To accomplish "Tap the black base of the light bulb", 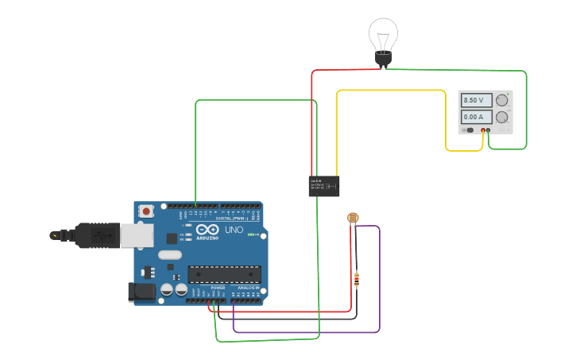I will click(383, 58).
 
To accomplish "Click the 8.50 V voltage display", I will click(475, 100).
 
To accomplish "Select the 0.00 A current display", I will click(475, 117).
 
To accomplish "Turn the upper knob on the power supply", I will click(502, 100).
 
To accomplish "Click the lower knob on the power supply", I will click(502, 117).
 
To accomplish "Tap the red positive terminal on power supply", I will click(482, 130).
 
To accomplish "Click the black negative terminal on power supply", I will click(489, 130).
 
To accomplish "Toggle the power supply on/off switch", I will click(470, 130).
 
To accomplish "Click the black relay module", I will click(323, 186).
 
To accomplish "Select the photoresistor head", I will click(353, 218).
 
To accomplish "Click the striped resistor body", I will click(356, 279).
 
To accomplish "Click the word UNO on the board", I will click(234, 230).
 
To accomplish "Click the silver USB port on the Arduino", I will click(136, 234).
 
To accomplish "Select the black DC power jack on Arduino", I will click(142, 292).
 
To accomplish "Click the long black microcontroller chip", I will click(225, 274).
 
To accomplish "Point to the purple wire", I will click(380, 278).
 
